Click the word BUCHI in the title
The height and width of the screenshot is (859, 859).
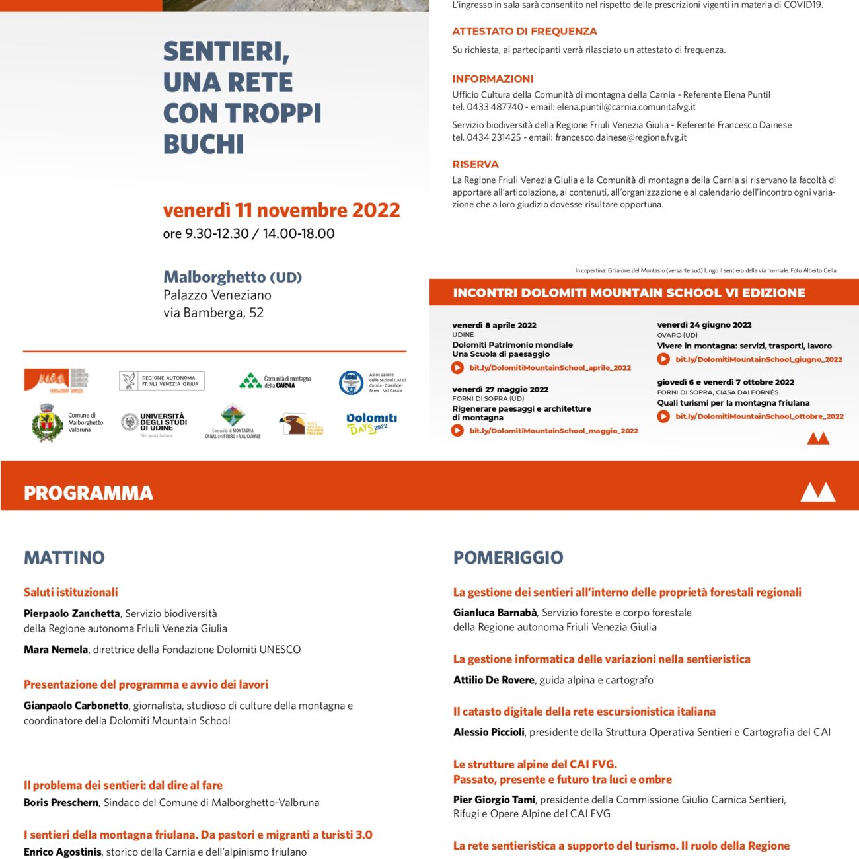204,144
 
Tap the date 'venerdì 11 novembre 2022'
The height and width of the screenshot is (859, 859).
281,210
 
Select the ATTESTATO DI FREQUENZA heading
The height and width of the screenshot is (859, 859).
524,31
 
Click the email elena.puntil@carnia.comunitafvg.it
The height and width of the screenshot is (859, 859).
626,107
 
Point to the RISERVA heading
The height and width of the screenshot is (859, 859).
475,164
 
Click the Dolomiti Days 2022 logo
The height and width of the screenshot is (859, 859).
371,423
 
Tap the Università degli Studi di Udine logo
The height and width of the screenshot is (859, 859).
154,423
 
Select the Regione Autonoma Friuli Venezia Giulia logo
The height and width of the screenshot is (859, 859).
162,381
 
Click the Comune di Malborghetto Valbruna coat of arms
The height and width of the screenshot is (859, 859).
47,423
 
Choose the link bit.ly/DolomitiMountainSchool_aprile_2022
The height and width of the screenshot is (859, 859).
550,368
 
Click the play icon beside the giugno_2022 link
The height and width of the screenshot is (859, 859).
663,359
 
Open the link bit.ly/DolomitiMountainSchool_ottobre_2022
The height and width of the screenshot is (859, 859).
759,416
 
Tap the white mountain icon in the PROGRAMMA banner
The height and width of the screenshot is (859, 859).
817,492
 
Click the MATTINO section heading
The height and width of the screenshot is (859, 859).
64,557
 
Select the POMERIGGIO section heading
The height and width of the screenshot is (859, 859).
508,557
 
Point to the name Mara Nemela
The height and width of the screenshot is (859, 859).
56,650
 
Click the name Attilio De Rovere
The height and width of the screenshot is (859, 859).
494,680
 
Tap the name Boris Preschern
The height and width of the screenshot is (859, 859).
61,803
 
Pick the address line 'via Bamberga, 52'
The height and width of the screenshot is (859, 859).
213,313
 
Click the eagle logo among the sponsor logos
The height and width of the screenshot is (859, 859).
292,424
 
